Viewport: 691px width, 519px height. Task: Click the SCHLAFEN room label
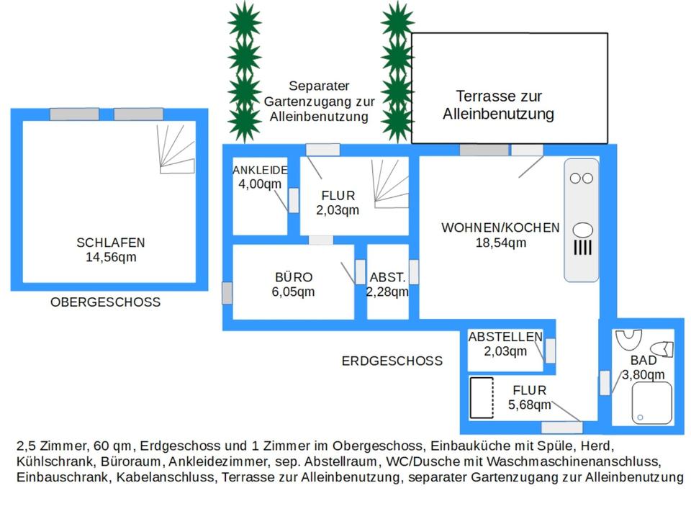[111, 243]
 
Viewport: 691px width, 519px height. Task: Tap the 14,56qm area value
[111, 257]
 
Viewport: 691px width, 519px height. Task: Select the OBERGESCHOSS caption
[105, 302]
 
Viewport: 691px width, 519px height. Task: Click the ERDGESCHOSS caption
[392, 361]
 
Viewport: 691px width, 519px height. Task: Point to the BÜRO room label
[294, 277]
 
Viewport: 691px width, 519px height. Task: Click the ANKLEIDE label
[260, 171]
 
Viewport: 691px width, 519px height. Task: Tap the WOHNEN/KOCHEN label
[500, 227]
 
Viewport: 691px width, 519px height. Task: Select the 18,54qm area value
[500, 243]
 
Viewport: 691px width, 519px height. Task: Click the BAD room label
[643, 360]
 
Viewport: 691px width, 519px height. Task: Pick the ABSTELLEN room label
[505, 337]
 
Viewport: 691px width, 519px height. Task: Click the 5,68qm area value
[529, 405]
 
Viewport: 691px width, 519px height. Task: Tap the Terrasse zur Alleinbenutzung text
[498, 105]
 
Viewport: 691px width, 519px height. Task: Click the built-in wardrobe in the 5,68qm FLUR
[481, 397]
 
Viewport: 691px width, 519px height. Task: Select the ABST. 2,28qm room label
[387, 284]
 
